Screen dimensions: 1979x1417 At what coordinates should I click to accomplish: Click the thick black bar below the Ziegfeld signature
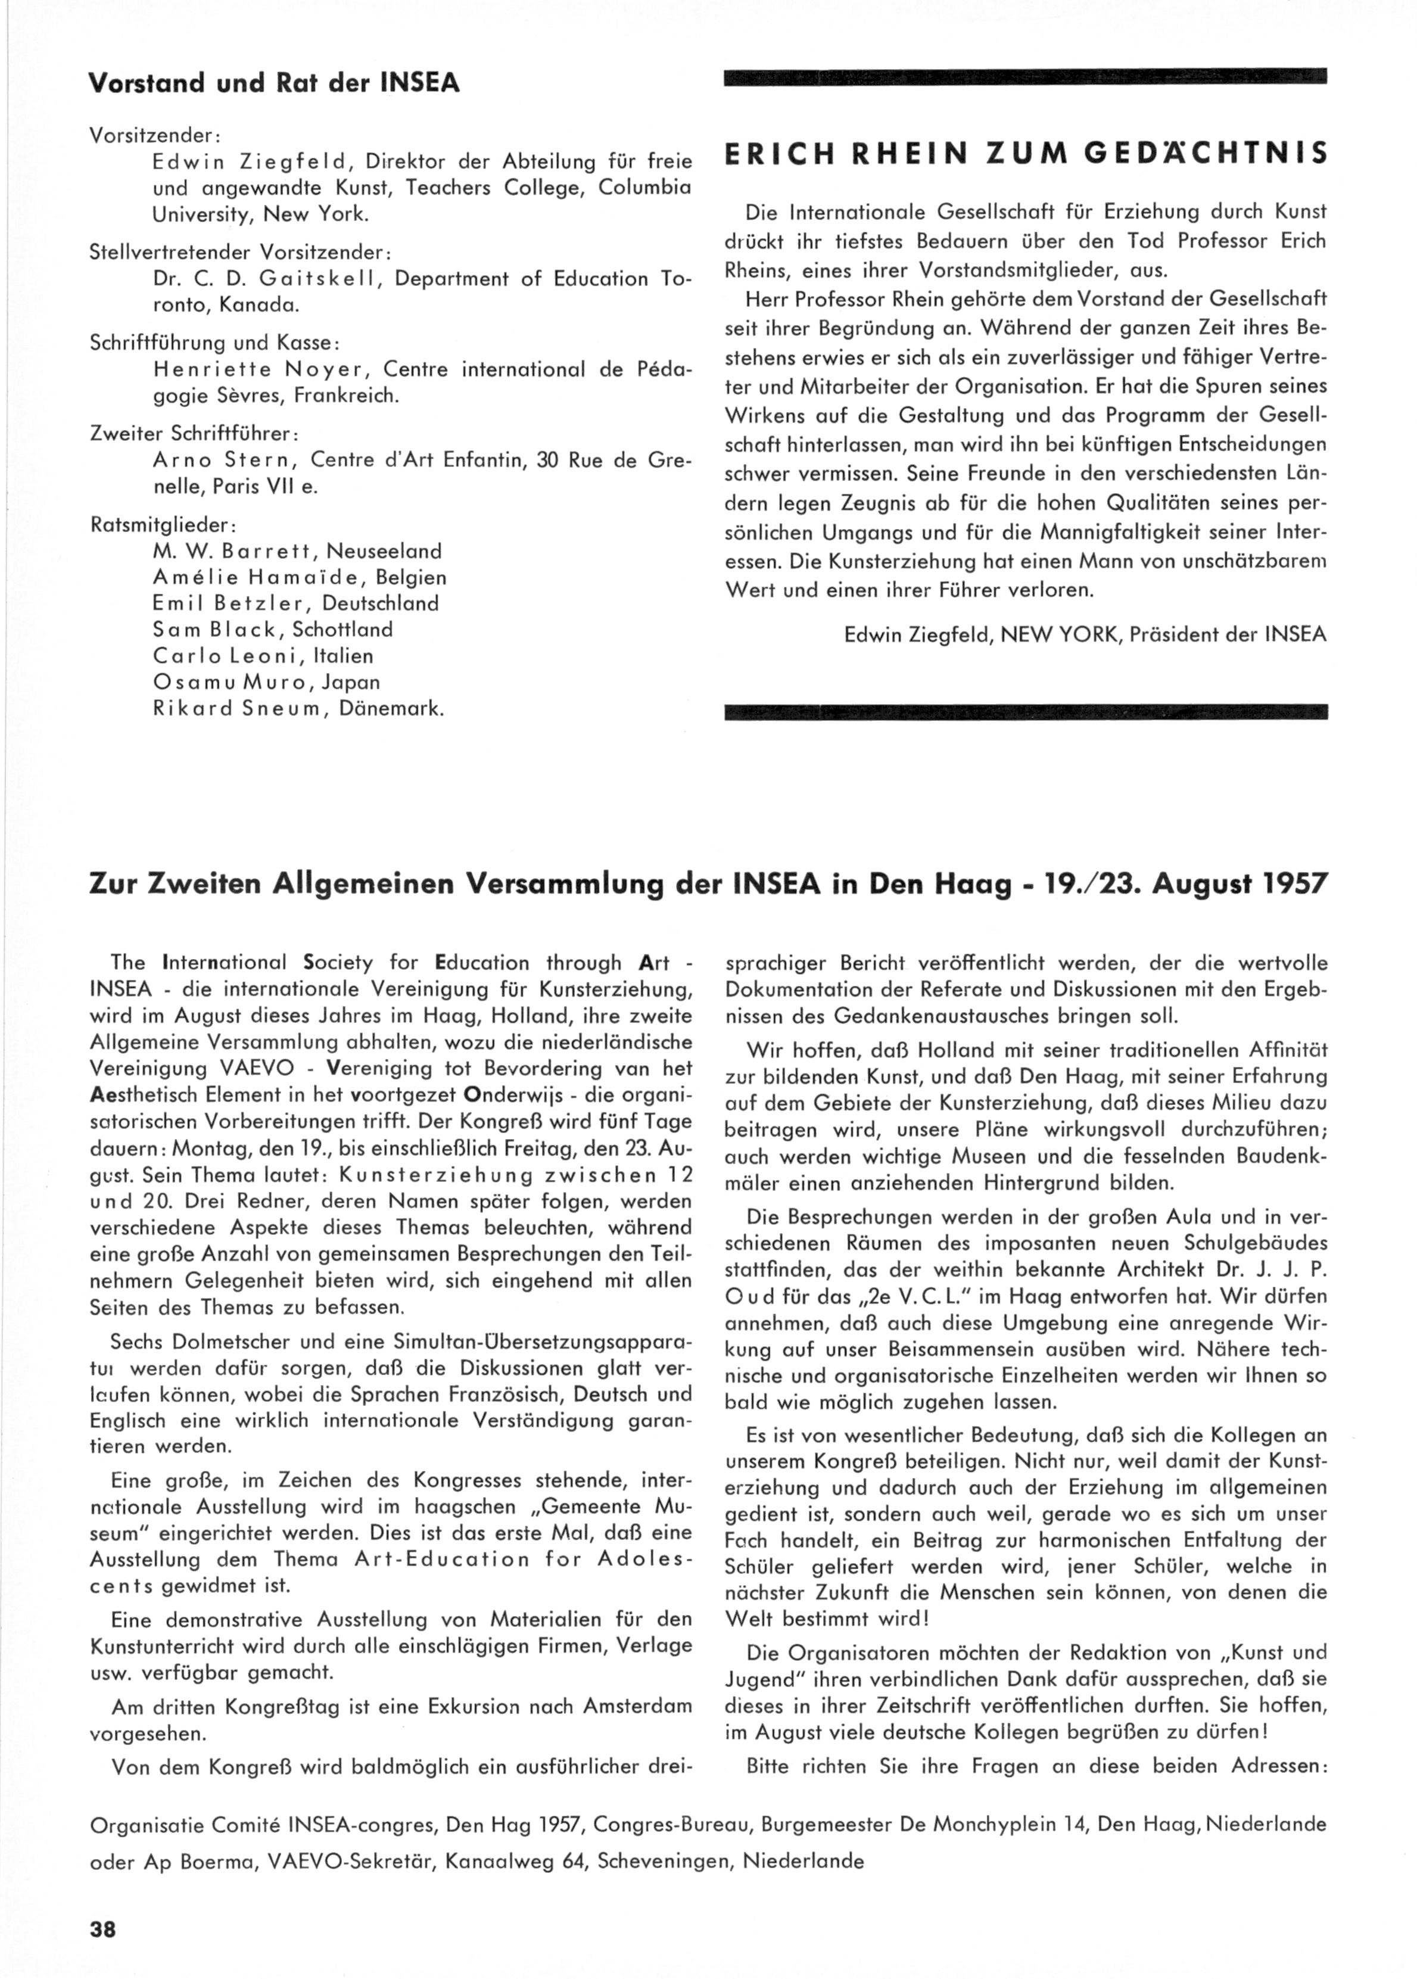point(1025,712)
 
